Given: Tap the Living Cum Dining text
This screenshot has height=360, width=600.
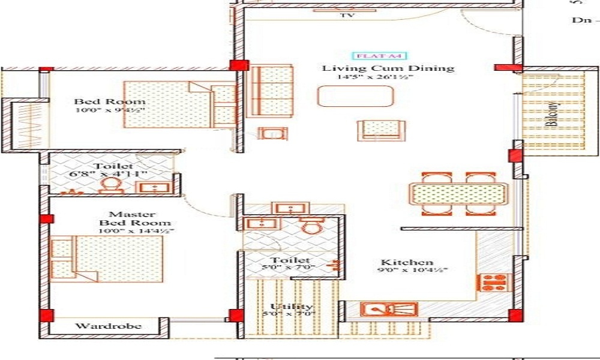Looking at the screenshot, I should click(x=388, y=68).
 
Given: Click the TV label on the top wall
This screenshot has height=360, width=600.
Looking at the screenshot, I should click(x=346, y=16).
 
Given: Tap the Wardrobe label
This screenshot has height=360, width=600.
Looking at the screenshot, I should click(x=108, y=326).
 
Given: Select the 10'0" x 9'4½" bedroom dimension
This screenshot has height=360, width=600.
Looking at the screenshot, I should click(x=111, y=110).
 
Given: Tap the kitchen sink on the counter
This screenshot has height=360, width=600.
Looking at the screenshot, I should click(x=389, y=310).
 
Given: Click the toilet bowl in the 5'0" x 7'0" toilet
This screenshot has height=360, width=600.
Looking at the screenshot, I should click(x=311, y=226).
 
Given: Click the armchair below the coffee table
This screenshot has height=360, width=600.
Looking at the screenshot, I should click(x=382, y=130).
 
